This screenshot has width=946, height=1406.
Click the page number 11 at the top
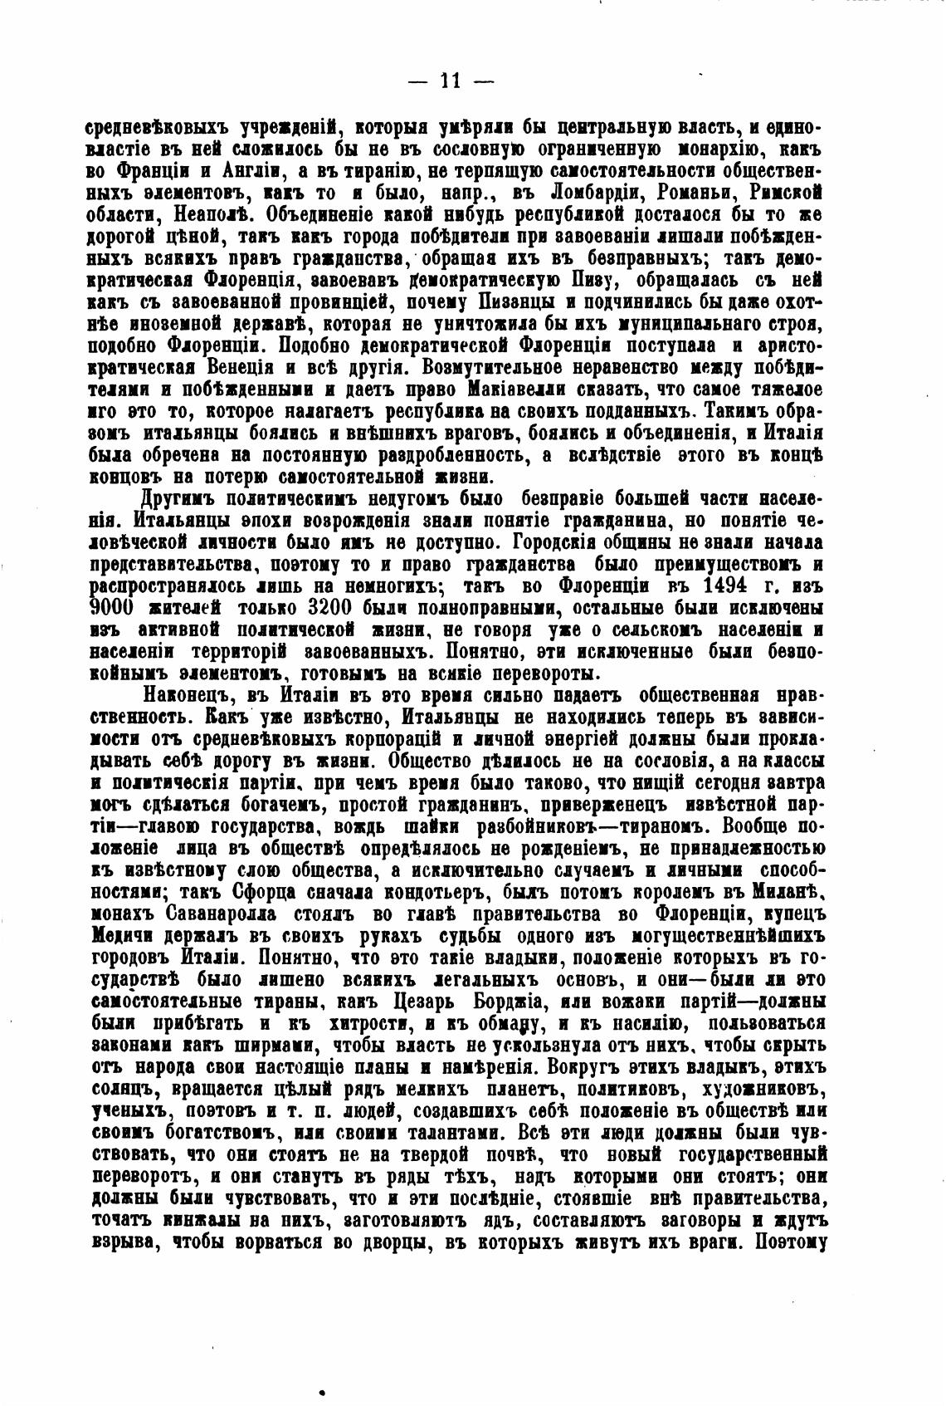click(x=451, y=81)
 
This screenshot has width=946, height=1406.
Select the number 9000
click(x=115, y=606)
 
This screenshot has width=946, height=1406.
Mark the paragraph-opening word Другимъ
click(x=182, y=498)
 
